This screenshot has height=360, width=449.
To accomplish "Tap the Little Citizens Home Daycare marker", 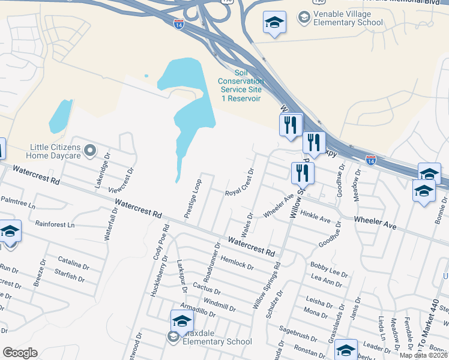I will click(x=90, y=151).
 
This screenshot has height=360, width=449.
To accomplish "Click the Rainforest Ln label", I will click(x=55, y=225).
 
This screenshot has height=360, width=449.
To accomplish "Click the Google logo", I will click(x=20, y=353).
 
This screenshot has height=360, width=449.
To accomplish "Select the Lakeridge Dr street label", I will click(x=101, y=172).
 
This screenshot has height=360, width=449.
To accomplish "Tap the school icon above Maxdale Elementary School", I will click(x=182, y=321).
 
